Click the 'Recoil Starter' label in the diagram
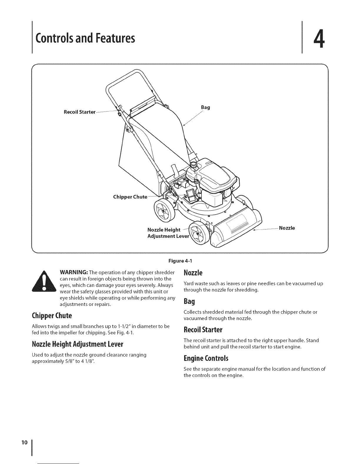(x=79, y=112)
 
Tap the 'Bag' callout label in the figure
(x=205, y=107)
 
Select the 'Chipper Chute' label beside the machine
(x=130, y=197)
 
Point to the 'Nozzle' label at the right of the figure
(x=287, y=228)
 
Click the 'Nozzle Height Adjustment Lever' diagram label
(x=168, y=233)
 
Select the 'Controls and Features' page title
(x=85, y=38)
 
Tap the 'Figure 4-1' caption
(x=180, y=261)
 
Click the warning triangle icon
(x=44, y=282)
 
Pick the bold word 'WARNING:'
(x=74, y=272)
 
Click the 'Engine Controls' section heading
(x=206, y=358)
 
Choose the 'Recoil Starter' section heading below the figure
(x=203, y=329)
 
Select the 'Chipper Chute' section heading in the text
(x=52, y=316)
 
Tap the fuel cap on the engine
(x=194, y=165)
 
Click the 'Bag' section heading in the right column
(x=189, y=301)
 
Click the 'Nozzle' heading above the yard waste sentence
(x=193, y=273)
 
